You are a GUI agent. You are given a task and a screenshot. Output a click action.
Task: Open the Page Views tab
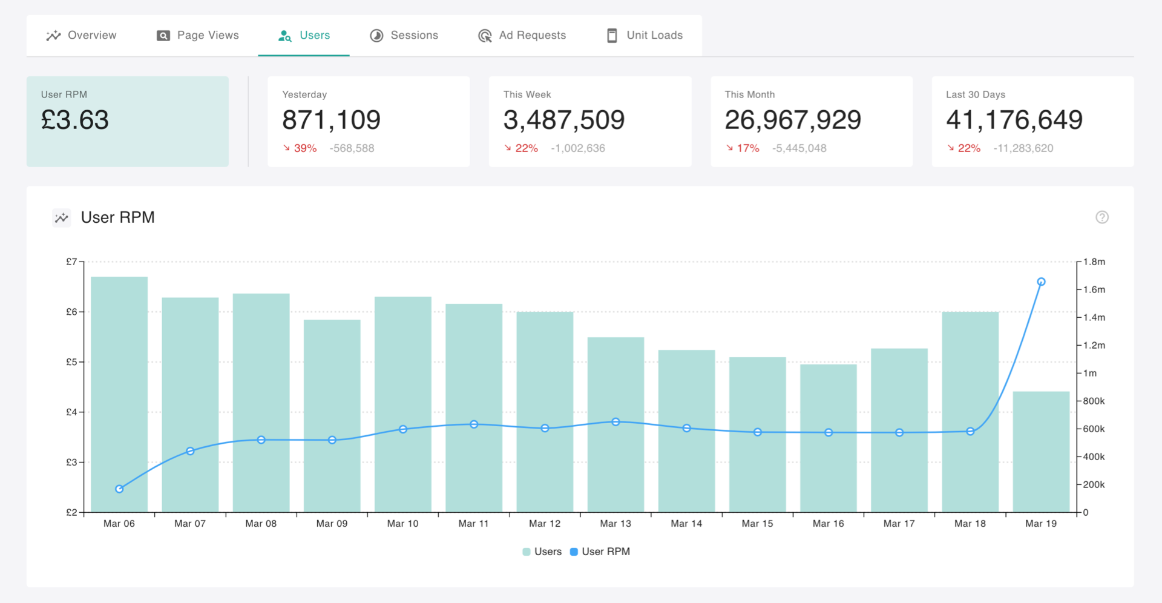tap(198, 35)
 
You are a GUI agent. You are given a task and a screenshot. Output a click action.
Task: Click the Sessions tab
tap(404, 35)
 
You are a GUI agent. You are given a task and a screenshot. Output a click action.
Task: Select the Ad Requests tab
tap(522, 35)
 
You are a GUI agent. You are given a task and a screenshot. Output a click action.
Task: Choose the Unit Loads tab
tap(645, 35)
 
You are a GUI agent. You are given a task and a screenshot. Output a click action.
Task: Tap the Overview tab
tap(81, 35)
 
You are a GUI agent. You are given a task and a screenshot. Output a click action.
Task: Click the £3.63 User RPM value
tap(75, 120)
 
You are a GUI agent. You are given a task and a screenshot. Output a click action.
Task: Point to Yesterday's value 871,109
tap(331, 120)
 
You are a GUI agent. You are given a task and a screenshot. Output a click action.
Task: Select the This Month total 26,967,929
tap(793, 120)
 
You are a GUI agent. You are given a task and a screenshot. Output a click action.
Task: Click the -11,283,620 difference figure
tap(1023, 148)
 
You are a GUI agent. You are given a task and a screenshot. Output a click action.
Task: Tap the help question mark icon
tap(1102, 217)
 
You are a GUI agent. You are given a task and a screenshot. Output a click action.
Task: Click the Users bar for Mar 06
tap(119, 395)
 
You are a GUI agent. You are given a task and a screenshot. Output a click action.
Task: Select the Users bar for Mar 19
tap(1041, 452)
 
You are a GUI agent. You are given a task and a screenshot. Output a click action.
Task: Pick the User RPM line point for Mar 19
tap(1041, 282)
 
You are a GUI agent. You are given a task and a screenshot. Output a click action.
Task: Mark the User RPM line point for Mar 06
tap(119, 489)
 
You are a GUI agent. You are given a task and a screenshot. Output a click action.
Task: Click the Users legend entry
tap(542, 552)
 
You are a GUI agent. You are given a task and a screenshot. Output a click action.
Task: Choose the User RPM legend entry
tap(600, 552)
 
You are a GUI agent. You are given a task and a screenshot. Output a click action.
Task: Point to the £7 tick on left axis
tap(71, 262)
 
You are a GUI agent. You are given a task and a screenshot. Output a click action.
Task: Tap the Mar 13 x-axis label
tap(615, 524)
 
